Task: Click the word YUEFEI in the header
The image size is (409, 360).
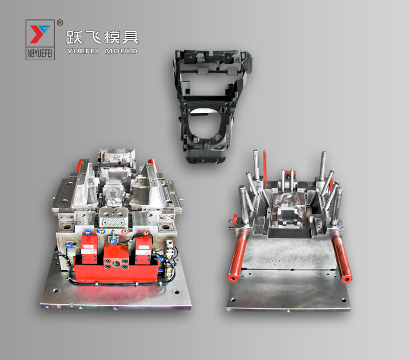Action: point(83,51)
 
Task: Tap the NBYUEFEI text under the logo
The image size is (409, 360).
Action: point(40,51)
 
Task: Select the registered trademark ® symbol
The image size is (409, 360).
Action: point(60,22)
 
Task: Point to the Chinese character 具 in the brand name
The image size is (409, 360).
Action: point(130,37)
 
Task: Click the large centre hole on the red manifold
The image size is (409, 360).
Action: point(116,263)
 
